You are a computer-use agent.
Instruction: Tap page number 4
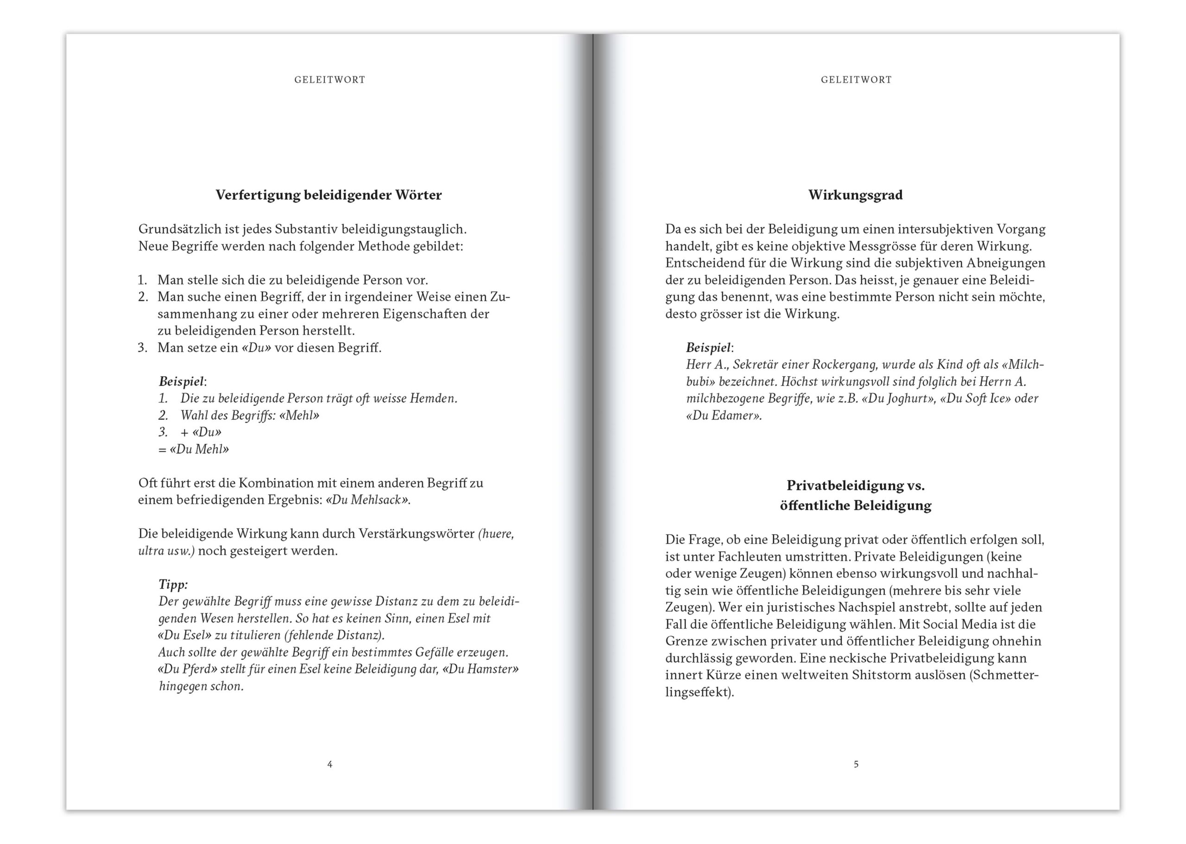point(329,764)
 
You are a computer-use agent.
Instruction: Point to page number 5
point(856,764)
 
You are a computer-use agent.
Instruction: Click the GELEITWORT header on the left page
point(329,80)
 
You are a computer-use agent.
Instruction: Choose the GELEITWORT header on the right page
point(856,80)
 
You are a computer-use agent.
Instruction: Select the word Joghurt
point(900,399)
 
